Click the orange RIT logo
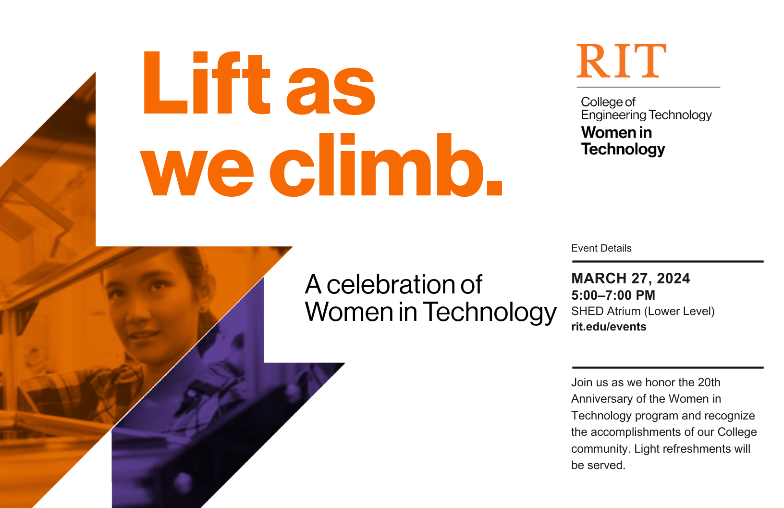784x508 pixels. point(622,61)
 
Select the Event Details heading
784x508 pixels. point(601,248)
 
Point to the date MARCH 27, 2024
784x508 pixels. point(630,279)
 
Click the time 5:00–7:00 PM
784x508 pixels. point(613,295)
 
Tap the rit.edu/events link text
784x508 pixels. point(609,327)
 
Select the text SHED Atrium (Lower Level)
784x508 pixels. point(643,311)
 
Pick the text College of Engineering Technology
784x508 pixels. point(646,108)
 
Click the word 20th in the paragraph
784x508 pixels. point(709,382)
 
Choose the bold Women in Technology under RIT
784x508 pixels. point(623,140)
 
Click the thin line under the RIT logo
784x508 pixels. point(648,87)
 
